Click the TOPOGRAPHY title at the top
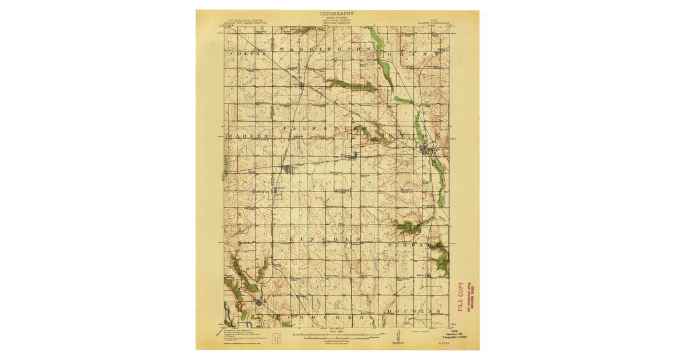337,13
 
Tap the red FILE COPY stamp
461,297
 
